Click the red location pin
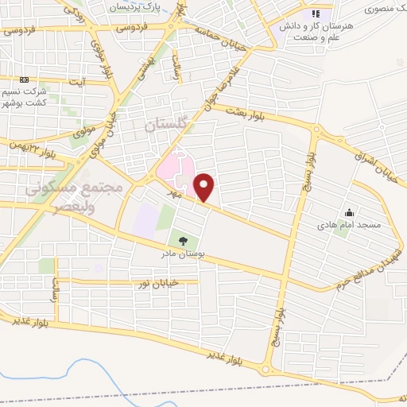(x=204, y=187)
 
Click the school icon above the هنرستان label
(x=316, y=14)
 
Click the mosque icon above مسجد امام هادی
(x=349, y=212)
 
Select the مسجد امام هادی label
(x=350, y=227)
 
